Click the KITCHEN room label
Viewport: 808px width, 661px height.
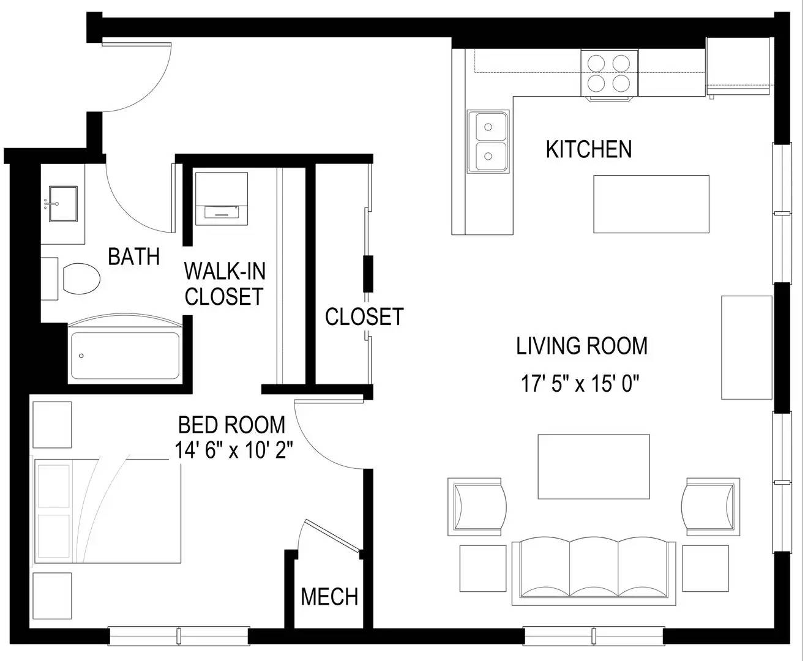[x=588, y=149]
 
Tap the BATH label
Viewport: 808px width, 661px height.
[x=133, y=256]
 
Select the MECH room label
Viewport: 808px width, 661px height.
[x=329, y=597]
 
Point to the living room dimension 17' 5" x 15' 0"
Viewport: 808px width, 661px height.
[x=580, y=384]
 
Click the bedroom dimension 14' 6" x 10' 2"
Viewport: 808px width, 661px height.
[x=234, y=449]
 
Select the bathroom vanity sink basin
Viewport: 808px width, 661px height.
[x=63, y=204]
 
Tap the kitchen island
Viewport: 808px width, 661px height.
[x=651, y=204]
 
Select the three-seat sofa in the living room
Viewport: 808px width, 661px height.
[x=594, y=571]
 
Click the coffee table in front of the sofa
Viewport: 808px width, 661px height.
[x=594, y=467]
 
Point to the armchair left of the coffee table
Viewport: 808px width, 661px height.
[x=477, y=507]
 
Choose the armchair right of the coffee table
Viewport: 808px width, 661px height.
[x=711, y=507]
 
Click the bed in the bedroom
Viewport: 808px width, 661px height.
[x=108, y=511]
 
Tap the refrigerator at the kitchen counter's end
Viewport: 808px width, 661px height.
[x=738, y=66]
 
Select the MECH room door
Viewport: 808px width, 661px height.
[x=332, y=536]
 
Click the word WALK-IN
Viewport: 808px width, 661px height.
[x=225, y=271]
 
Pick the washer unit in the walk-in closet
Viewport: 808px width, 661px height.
[x=222, y=198]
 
